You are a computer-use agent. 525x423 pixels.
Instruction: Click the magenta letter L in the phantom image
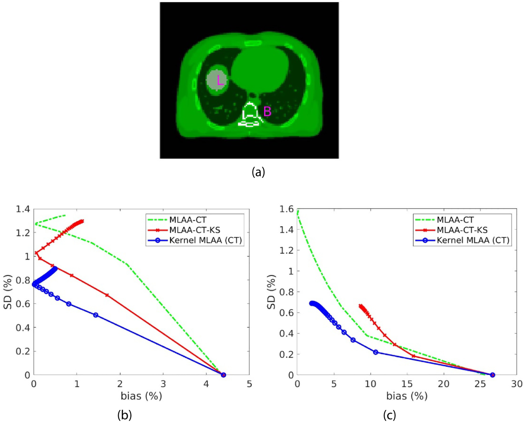(x=220, y=80)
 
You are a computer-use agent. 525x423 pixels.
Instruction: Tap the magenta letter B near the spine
(x=267, y=112)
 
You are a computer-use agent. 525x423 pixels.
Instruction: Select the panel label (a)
(x=258, y=172)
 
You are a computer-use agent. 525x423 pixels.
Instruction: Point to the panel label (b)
(x=124, y=415)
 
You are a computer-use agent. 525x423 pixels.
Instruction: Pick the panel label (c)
(x=389, y=415)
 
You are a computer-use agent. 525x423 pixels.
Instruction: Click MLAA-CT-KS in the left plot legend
(x=194, y=230)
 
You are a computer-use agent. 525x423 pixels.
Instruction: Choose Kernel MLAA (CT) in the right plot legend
(x=473, y=240)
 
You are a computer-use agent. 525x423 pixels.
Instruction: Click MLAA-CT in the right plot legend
(x=455, y=220)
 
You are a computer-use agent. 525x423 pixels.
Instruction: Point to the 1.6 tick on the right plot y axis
(x=286, y=209)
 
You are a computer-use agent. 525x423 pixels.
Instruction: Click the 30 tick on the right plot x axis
(x=517, y=384)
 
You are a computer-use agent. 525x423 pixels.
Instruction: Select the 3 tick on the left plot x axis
(x=163, y=384)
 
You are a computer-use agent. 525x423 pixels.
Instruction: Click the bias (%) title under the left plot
(x=141, y=396)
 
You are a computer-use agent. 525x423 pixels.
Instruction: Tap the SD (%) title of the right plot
(x=271, y=292)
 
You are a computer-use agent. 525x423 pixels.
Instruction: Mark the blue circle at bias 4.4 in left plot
(x=223, y=375)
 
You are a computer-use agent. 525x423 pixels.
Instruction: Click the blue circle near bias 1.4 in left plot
(x=95, y=315)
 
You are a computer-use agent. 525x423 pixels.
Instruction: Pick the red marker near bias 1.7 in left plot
(x=107, y=295)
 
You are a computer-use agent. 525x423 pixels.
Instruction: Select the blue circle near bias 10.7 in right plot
(x=376, y=352)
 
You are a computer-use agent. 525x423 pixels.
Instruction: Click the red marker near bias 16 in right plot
(x=413, y=356)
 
